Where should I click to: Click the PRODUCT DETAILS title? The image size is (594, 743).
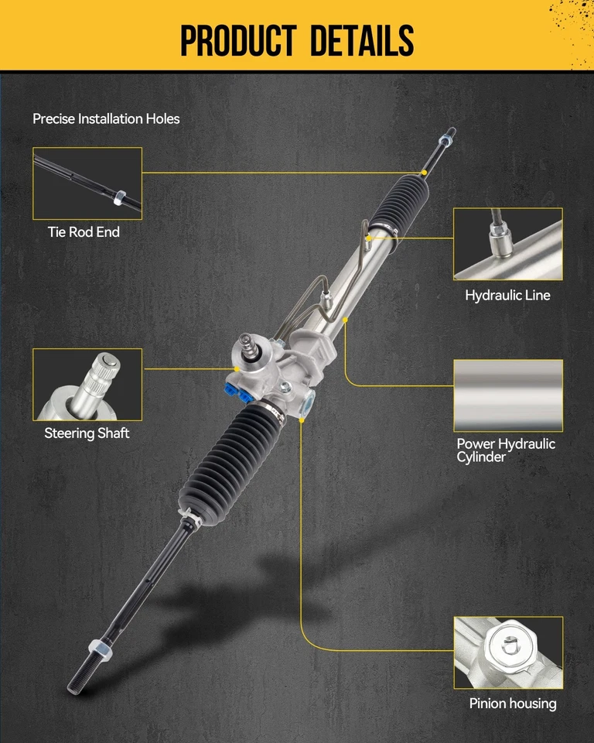(x=297, y=39)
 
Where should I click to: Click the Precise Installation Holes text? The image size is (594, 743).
(x=106, y=119)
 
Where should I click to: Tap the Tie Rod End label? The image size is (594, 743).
(x=84, y=231)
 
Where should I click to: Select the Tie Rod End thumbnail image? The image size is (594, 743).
(x=87, y=183)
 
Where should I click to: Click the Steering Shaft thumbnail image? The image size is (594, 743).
(x=87, y=384)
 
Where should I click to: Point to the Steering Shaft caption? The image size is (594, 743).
(x=87, y=433)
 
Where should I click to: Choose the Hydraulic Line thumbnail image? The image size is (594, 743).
(x=507, y=244)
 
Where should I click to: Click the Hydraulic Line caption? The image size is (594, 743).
(x=507, y=295)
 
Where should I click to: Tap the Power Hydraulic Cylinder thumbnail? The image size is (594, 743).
(x=507, y=395)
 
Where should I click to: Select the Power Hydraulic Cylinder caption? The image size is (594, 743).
(x=506, y=450)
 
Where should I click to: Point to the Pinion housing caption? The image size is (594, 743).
(x=512, y=704)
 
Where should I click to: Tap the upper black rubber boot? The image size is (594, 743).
(x=398, y=204)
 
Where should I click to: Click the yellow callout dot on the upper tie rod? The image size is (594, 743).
(x=425, y=171)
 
